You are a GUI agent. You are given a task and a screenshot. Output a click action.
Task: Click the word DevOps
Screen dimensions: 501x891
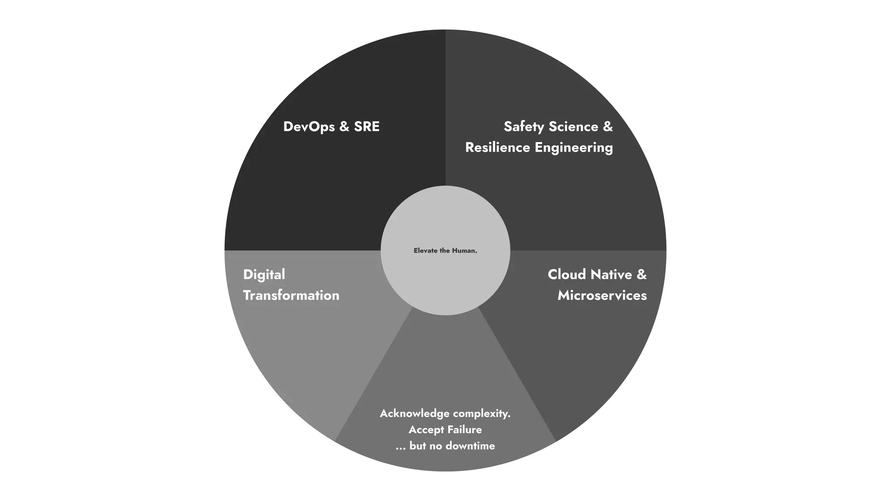click(309, 127)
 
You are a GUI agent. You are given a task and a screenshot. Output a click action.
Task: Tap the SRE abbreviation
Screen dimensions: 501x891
click(367, 127)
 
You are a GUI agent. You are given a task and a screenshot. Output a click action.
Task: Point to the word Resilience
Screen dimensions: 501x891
click(498, 147)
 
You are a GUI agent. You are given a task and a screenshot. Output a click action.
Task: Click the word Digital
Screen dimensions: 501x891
click(264, 274)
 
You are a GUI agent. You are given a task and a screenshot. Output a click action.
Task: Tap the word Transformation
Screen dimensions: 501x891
click(291, 295)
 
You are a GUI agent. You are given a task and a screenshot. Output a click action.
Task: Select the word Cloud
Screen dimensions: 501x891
click(566, 274)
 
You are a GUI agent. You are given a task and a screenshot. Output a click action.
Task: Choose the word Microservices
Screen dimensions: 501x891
click(602, 295)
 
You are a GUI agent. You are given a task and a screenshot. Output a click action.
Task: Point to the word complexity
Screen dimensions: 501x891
click(482, 414)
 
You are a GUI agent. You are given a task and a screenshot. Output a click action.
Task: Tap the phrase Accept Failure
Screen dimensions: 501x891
click(445, 430)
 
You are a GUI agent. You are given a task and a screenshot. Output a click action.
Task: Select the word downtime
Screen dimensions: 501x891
click(470, 446)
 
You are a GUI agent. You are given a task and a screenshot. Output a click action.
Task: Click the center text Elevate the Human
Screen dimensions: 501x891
click(445, 250)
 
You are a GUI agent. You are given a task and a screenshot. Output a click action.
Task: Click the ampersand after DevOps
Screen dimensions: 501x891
click(344, 127)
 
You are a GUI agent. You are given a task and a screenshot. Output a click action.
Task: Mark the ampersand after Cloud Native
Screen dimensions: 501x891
click(641, 274)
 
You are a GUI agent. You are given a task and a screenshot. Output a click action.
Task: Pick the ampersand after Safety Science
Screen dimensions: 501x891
click(607, 127)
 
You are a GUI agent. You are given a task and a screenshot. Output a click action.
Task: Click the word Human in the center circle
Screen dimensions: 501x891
click(464, 250)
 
